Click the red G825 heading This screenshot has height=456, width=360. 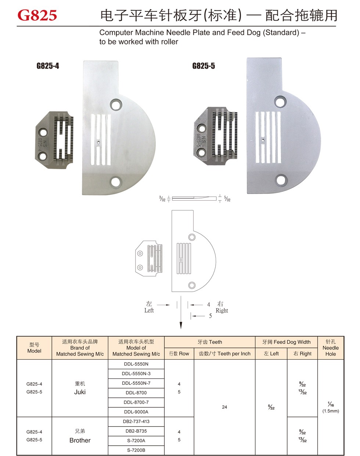[37, 15]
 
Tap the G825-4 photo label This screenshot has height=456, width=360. [48, 66]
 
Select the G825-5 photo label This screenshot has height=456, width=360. [204, 66]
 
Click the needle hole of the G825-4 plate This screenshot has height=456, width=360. [98, 143]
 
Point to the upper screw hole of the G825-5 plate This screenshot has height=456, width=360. [280, 101]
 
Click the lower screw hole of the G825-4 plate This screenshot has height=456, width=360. [116, 182]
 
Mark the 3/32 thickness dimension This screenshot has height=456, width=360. [162, 199]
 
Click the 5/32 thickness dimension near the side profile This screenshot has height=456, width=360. [227, 199]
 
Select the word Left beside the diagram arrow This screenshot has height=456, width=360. [149, 310]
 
